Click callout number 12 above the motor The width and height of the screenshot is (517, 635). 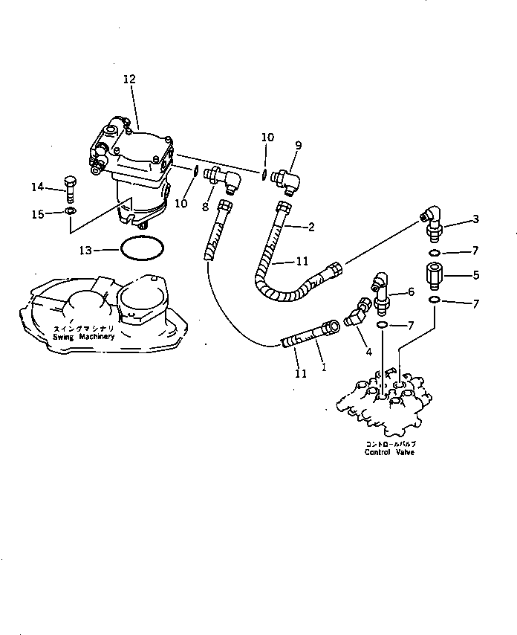point(130,78)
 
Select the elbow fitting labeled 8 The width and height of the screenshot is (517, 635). point(223,179)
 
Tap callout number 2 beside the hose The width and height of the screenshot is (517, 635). point(311,227)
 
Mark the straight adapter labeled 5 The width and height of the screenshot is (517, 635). point(435,275)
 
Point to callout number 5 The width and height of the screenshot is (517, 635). point(475,275)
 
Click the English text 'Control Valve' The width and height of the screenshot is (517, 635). point(389,451)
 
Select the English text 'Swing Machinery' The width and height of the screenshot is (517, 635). point(84,336)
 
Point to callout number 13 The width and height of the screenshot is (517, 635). point(87,251)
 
